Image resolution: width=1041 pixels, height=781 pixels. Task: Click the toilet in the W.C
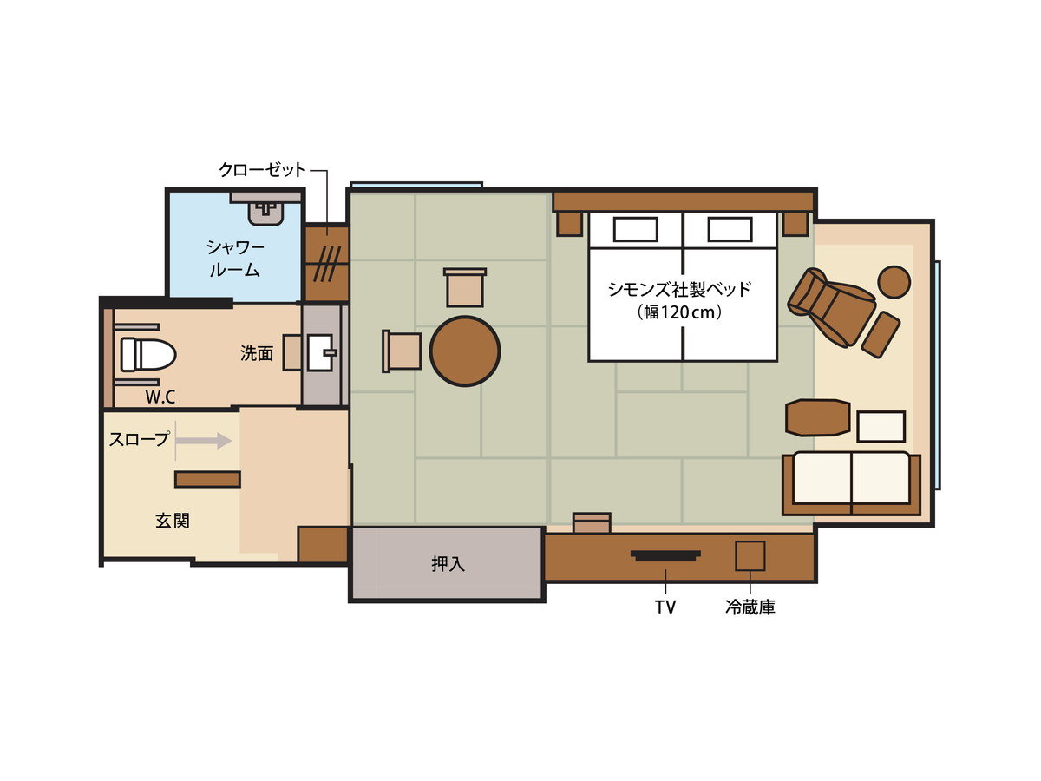pos(148,354)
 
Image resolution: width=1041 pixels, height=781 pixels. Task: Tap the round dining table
pos(465,351)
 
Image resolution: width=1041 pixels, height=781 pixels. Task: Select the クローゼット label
pos(262,170)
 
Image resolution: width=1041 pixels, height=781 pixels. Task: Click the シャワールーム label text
pos(235,259)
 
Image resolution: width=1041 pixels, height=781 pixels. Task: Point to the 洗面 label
pos(257,353)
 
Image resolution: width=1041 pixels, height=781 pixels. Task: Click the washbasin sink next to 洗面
pos(321,352)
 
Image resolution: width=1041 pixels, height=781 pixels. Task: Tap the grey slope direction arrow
pos(204,441)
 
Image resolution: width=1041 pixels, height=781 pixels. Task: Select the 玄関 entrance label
pos(173,521)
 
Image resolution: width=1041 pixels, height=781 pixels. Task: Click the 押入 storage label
pos(448,564)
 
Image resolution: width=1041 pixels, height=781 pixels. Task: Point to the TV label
pos(665,607)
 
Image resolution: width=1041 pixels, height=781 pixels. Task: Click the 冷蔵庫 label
pos(750,607)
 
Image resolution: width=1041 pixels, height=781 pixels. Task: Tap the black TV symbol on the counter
pos(665,555)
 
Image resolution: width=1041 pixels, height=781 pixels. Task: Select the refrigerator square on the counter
pos(750,555)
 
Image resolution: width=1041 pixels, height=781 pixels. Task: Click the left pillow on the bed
pos(636,229)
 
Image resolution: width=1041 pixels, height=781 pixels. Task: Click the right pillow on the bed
pos(730,229)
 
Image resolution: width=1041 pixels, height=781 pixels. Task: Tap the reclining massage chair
pos(831,307)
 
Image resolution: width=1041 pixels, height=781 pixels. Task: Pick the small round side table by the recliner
pos(894,282)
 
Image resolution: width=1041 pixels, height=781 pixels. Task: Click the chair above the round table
pos(465,287)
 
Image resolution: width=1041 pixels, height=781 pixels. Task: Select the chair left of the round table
pos(402,351)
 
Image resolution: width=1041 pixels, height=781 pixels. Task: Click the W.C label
pos(160,397)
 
